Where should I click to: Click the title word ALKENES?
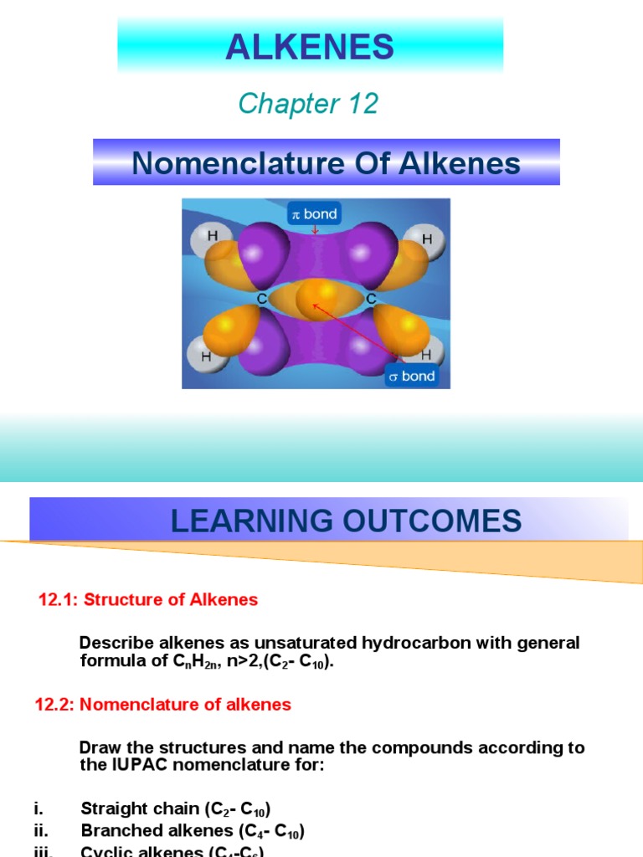point(310,48)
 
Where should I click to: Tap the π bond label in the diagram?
point(314,214)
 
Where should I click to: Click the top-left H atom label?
point(213,236)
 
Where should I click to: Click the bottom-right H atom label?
point(427,355)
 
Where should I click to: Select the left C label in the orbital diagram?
point(263,298)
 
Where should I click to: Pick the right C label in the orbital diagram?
point(371,298)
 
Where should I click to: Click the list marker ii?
point(41,831)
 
